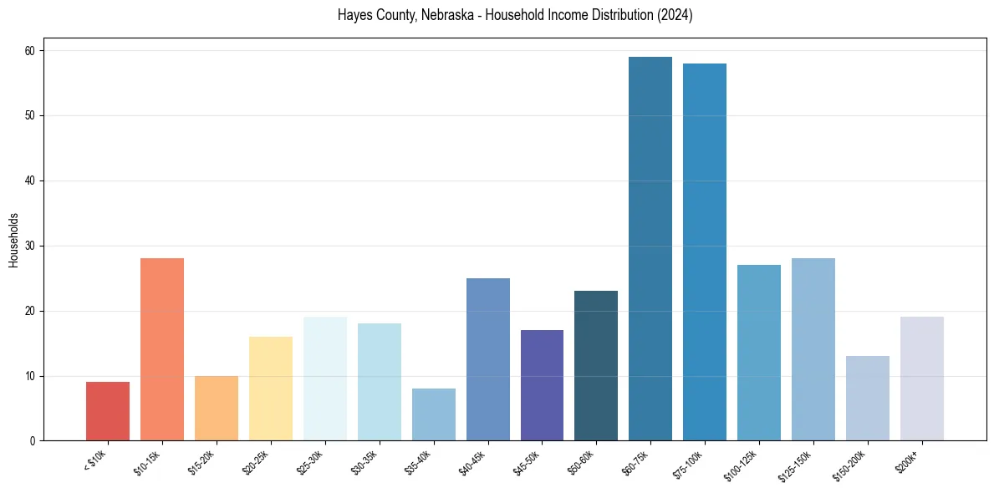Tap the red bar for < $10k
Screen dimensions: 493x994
108,411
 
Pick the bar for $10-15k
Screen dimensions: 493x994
162,349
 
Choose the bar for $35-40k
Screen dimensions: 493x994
434,414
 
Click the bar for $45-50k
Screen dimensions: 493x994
542,385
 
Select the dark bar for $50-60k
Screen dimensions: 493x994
596,366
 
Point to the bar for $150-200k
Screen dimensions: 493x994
868,399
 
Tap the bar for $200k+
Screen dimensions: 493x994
922,379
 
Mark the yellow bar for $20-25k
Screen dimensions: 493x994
271,389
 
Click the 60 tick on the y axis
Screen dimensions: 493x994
31,51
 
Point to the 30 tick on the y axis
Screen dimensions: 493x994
31,246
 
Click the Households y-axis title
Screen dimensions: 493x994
13,240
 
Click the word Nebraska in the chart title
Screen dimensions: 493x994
448,15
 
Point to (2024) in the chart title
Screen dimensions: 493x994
674,15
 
